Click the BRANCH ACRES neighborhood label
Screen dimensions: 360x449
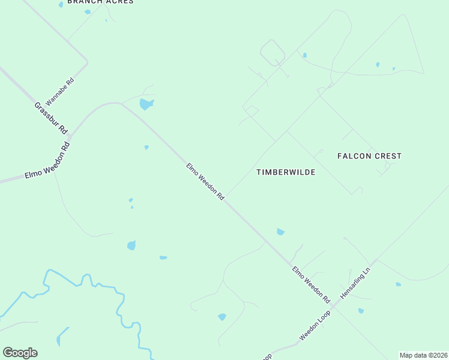(x=100, y=2)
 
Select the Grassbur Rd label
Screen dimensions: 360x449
(x=51, y=118)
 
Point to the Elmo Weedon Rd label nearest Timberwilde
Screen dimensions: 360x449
(x=205, y=181)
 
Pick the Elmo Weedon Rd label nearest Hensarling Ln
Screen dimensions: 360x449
(x=311, y=284)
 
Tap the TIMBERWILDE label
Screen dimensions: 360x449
(x=286, y=172)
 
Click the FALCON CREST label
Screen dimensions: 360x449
(x=369, y=156)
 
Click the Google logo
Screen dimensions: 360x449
(x=20, y=353)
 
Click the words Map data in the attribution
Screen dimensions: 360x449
(x=414, y=355)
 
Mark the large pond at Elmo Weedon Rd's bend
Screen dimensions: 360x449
(x=146, y=104)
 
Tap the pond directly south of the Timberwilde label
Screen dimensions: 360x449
(x=280, y=232)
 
